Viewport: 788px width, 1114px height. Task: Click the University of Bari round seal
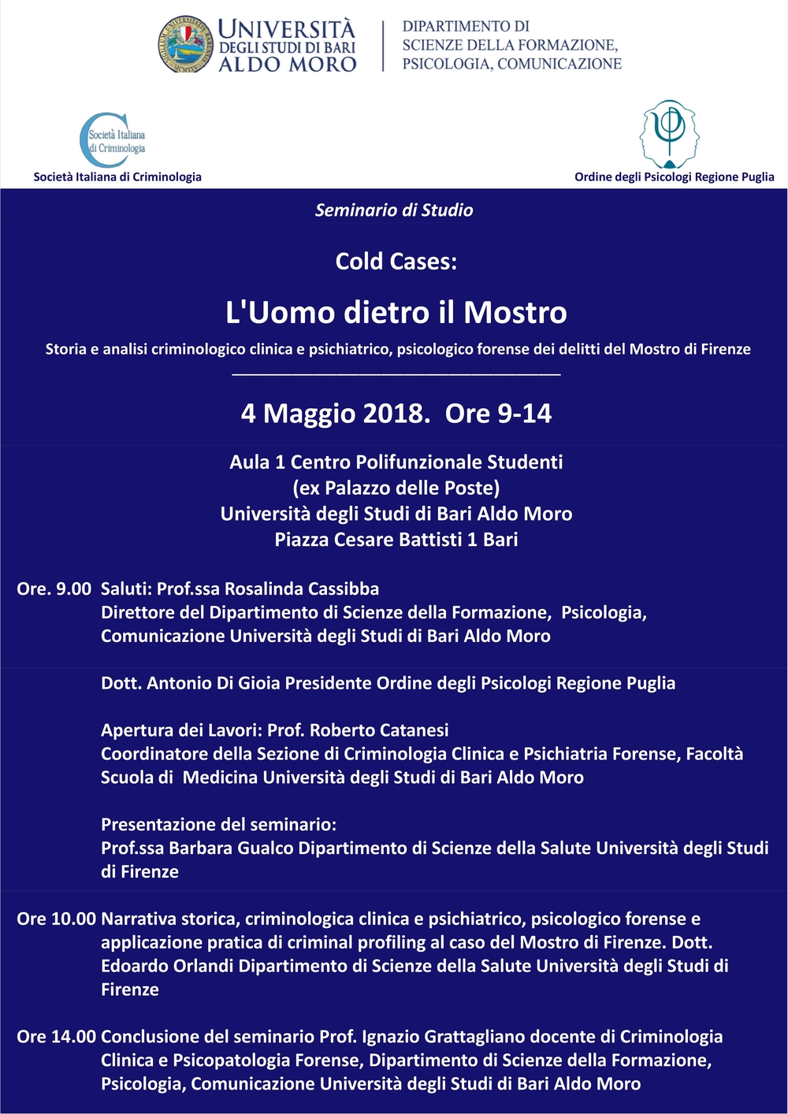(186, 45)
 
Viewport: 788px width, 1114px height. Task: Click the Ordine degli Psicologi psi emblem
(670, 133)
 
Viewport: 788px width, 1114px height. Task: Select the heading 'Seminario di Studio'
(394, 210)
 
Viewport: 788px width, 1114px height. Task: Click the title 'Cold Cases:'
(396, 262)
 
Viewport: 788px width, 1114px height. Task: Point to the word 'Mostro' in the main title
(515, 313)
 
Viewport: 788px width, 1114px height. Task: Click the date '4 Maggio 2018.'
(336, 414)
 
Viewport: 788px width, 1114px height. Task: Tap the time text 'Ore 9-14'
(498, 414)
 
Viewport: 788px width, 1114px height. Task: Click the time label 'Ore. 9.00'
(54, 589)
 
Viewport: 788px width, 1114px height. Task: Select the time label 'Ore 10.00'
(56, 919)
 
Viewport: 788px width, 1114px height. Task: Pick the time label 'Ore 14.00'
(56, 1037)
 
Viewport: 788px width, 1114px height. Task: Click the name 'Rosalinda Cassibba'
(302, 589)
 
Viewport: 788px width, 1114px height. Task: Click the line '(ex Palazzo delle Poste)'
(396, 488)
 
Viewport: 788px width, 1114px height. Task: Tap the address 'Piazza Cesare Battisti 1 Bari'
(396, 540)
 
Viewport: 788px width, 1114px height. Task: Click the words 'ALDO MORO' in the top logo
(287, 65)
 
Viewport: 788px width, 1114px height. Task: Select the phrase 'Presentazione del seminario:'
(218, 825)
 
